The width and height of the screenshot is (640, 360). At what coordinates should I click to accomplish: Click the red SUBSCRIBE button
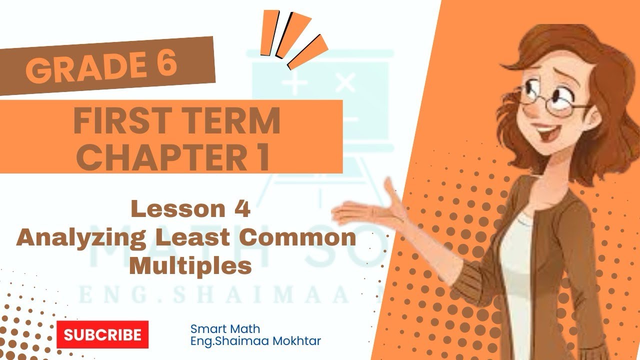[102, 334]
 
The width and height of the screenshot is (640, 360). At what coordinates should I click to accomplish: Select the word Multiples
[190, 266]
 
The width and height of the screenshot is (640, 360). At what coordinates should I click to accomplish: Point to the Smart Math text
[225, 329]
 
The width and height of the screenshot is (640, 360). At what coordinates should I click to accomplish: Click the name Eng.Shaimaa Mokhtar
[255, 341]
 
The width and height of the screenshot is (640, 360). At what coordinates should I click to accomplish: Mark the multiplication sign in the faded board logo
[345, 83]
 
